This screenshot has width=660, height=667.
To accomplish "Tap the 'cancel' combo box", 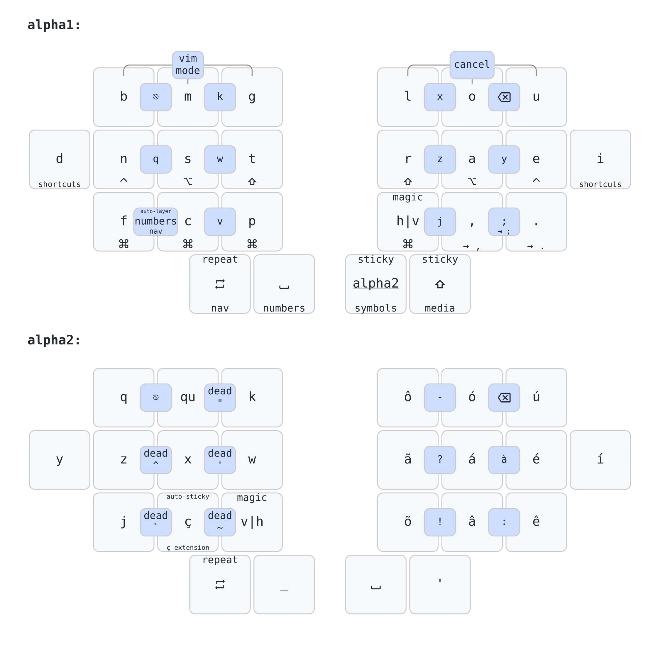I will pyautogui.click(x=471, y=65).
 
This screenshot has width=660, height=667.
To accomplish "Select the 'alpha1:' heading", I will pyautogui.click(x=54, y=25).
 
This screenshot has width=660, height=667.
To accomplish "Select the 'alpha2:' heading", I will pyautogui.click(x=54, y=340).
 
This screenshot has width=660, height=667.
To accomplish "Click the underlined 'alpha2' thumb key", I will pyautogui.click(x=375, y=284).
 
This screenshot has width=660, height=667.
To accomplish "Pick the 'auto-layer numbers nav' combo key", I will pyautogui.click(x=156, y=222).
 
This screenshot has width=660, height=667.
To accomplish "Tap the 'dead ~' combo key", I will pyautogui.click(x=220, y=522).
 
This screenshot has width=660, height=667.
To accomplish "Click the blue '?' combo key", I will pyautogui.click(x=440, y=459).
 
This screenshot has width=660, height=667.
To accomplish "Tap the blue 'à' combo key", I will pyautogui.click(x=504, y=459).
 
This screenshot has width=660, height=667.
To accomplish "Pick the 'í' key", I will pyautogui.click(x=600, y=459).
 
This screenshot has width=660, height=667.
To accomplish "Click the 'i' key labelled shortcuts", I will pyautogui.click(x=600, y=159).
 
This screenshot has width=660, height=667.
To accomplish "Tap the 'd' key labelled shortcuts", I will pyautogui.click(x=60, y=159).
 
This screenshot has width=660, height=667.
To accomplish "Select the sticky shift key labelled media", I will pyautogui.click(x=440, y=284).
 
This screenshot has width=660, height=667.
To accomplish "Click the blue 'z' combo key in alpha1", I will pyautogui.click(x=440, y=159).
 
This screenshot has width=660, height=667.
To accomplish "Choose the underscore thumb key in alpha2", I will pyautogui.click(x=284, y=585).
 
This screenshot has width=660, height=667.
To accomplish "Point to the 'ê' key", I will pyautogui.click(x=536, y=522).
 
